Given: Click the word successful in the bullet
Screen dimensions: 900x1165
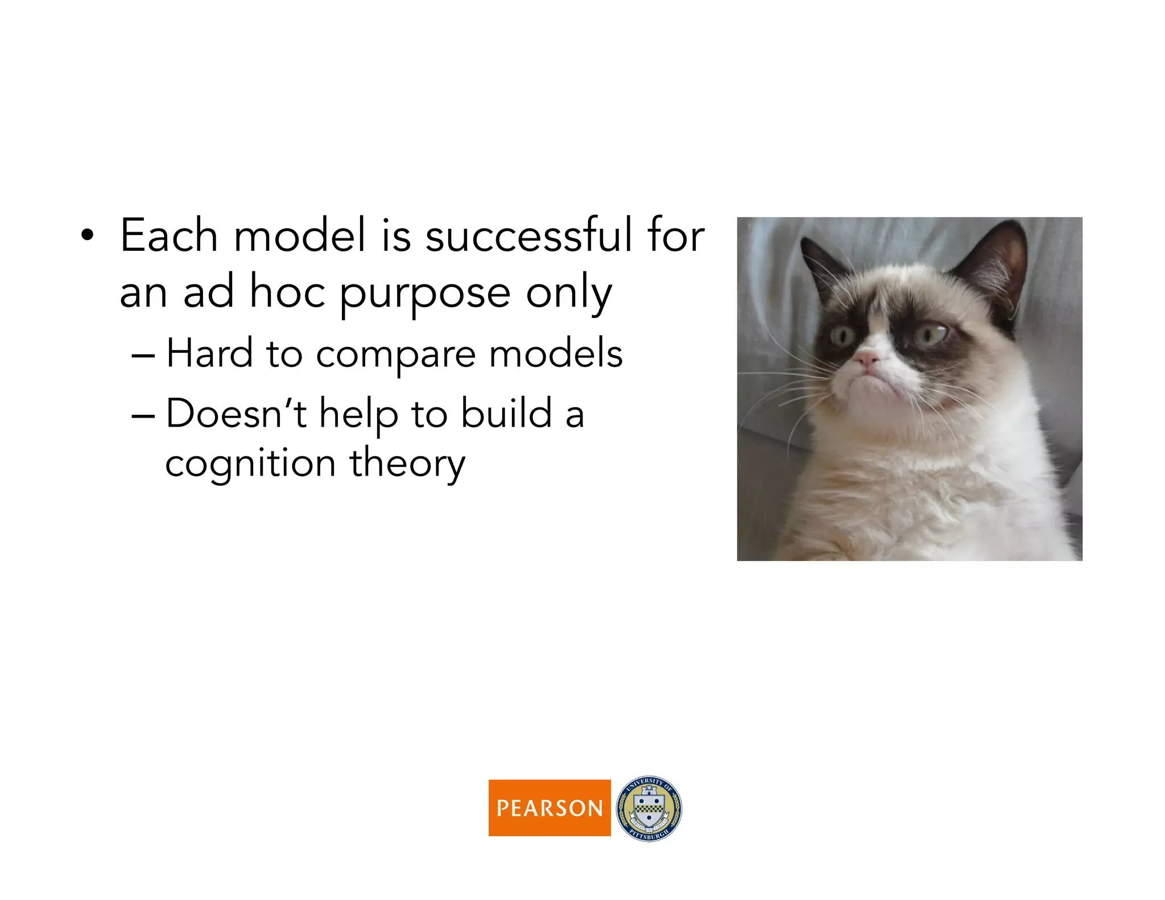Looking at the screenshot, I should click(528, 236).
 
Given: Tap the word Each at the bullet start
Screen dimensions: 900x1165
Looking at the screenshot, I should click(169, 236).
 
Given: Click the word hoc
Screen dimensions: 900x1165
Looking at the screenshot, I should click(287, 293).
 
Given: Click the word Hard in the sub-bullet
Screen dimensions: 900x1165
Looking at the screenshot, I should click(209, 354).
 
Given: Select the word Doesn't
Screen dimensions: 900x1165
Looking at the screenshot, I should click(236, 414).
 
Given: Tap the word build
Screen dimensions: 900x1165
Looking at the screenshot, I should click(506, 414).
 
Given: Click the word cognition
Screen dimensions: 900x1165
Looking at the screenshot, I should click(250, 464).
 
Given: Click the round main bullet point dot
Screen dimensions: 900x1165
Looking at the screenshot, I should click(86, 235).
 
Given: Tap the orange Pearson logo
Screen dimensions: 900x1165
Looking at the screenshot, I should click(549, 807).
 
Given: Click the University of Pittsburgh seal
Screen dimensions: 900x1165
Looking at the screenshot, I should click(648, 808).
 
